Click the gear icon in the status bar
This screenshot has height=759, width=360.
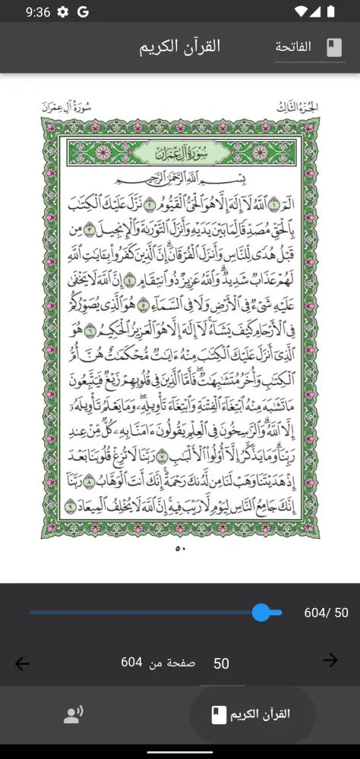click(x=63, y=11)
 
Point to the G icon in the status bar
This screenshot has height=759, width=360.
click(x=83, y=11)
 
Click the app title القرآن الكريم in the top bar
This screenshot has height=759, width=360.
click(x=179, y=46)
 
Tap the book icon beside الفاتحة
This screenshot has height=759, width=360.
click(x=334, y=47)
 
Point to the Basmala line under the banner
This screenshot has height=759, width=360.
click(x=180, y=181)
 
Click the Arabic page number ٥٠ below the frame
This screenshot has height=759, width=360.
click(x=180, y=548)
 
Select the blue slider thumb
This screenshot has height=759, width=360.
click(x=261, y=613)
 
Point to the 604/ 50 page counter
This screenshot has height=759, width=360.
click(x=326, y=613)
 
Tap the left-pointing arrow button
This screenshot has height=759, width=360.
click(x=22, y=663)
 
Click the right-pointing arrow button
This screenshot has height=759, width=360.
click(x=330, y=660)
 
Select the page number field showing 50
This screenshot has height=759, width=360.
click(x=221, y=663)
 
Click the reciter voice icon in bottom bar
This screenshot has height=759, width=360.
click(x=73, y=714)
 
